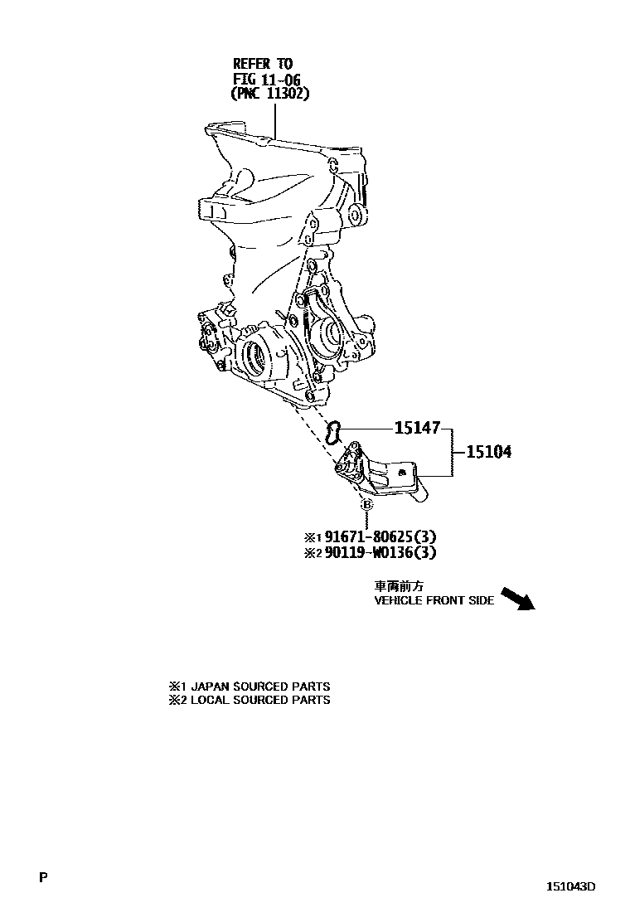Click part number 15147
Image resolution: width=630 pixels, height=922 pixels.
click(x=418, y=429)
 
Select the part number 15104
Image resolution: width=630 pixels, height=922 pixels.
click(x=488, y=453)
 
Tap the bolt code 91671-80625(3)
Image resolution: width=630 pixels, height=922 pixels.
click(x=385, y=536)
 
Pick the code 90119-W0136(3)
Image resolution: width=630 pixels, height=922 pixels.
click(x=385, y=552)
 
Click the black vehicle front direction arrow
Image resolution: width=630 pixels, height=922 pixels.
click(x=518, y=599)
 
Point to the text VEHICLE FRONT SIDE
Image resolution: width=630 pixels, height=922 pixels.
click(x=434, y=601)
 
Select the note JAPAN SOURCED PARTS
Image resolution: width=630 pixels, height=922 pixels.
click(x=256, y=687)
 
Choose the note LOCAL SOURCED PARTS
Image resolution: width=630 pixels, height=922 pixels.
click(x=256, y=700)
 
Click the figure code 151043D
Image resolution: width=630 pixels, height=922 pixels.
click(x=569, y=886)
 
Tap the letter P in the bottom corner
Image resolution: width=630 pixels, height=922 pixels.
click(x=43, y=877)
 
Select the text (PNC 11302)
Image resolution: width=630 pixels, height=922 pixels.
click(x=269, y=95)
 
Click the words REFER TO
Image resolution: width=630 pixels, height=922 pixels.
click(x=262, y=64)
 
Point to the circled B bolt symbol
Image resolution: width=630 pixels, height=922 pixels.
click(x=367, y=505)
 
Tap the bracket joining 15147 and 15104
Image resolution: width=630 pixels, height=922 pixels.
click(x=452, y=453)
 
